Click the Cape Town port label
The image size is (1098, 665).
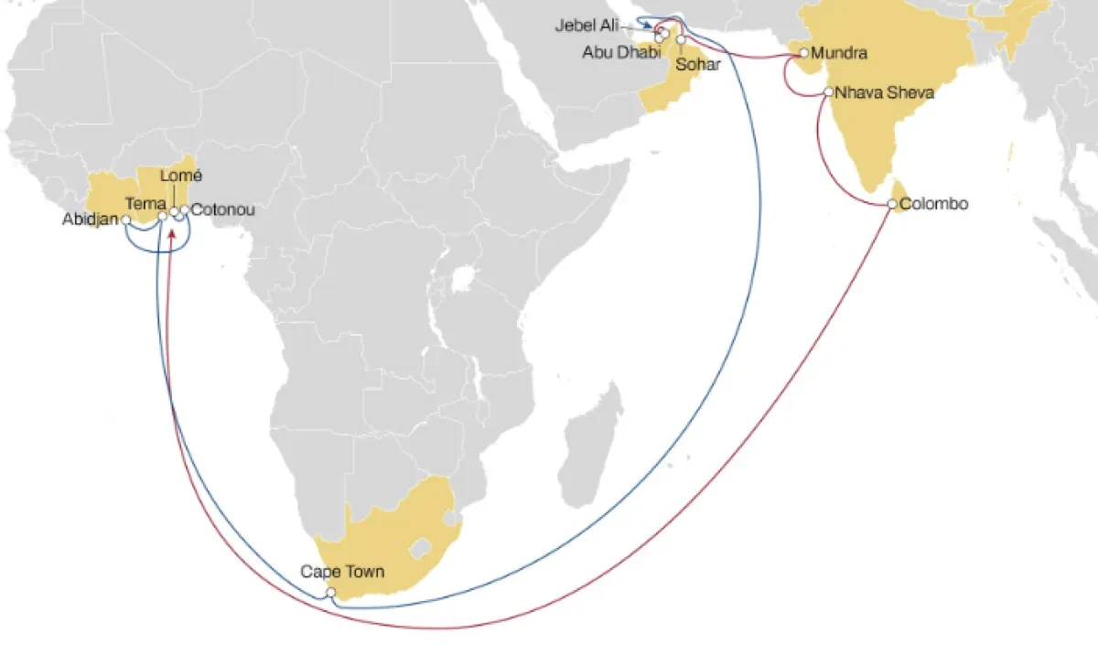click(342, 573)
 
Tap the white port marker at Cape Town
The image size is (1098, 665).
click(331, 593)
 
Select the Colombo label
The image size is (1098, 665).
click(933, 204)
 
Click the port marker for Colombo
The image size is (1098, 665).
click(893, 204)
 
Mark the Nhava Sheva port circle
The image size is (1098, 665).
click(828, 92)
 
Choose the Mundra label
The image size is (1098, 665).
click(839, 53)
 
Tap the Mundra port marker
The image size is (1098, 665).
click(804, 53)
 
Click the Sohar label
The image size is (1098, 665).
click(698, 65)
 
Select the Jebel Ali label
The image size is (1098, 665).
click(587, 26)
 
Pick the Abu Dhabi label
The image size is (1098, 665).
click(621, 51)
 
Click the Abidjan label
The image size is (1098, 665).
click(91, 220)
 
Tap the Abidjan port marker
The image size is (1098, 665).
click(126, 220)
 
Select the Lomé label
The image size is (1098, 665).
click(181, 175)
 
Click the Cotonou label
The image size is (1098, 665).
click(222, 210)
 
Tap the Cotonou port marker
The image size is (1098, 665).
click(185, 210)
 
